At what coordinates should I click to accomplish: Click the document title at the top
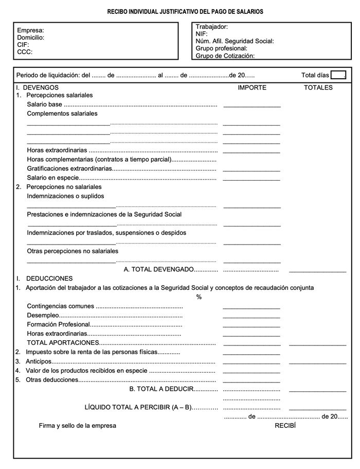pyautogui.click(x=185, y=11)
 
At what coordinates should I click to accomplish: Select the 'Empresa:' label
pyautogui.click(x=30, y=31)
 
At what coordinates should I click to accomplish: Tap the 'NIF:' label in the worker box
pyautogui.click(x=202, y=34)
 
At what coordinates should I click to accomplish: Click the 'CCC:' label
pyautogui.click(x=25, y=52)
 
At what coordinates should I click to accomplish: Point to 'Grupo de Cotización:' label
pyautogui.click(x=225, y=56)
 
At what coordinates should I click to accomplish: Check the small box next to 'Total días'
pyautogui.click(x=338, y=75)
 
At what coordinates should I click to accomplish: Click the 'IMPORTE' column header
pyautogui.click(x=252, y=88)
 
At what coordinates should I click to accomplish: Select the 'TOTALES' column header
pyautogui.click(x=318, y=88)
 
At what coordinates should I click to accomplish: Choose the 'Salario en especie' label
pyautogui.click(x=53, y=178)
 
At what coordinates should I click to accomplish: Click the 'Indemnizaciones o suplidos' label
pyautogui.click(x=65, y=196)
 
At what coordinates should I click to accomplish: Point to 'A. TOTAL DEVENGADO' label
pyautogui.click(x=159, y=269)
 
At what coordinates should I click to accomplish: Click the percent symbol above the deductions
pyautogui.click(x=199, y=297)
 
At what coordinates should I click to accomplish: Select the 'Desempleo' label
pyautogui.click(x=43, y=316)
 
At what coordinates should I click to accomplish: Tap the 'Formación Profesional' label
pyautogui.click(x=59, y=325)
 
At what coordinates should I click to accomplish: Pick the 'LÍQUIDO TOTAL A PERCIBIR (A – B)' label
pyautogui.click(x=138, y=407)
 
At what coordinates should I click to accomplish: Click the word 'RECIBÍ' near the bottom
pyautogui.click(x=285, y=426)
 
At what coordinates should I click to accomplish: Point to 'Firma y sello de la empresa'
pyautogui.click(x=77, y=426)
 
